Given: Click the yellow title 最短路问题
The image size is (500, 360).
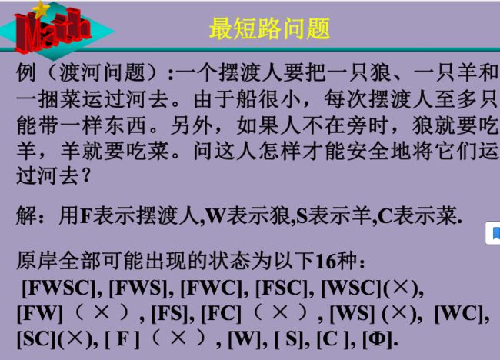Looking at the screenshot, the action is tap(269, 28).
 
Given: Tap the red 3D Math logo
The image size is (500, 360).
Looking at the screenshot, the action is tap(52, 30).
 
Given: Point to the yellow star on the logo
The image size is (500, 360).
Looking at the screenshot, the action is tap(42, 9).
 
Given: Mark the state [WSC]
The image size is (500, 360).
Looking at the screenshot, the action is tap(352, 288).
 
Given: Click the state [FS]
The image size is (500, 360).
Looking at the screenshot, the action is tap(170, 313).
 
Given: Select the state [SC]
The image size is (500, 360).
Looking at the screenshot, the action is tap(37, 338).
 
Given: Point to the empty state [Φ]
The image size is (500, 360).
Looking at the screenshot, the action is tap(378, 338).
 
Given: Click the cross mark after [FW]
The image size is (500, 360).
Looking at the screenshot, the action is tap(102, 312).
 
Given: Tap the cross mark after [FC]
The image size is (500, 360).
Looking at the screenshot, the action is tap(281, 312).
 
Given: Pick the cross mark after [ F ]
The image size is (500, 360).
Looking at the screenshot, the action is tap(178, 338).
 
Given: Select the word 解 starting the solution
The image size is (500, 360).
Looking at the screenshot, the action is tap(26, 215).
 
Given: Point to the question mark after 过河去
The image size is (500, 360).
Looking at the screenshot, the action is tap(85, 175).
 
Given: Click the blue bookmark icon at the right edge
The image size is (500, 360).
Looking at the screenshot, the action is tap(495, 233).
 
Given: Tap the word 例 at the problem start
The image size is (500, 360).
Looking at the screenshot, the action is tap(26, 72).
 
